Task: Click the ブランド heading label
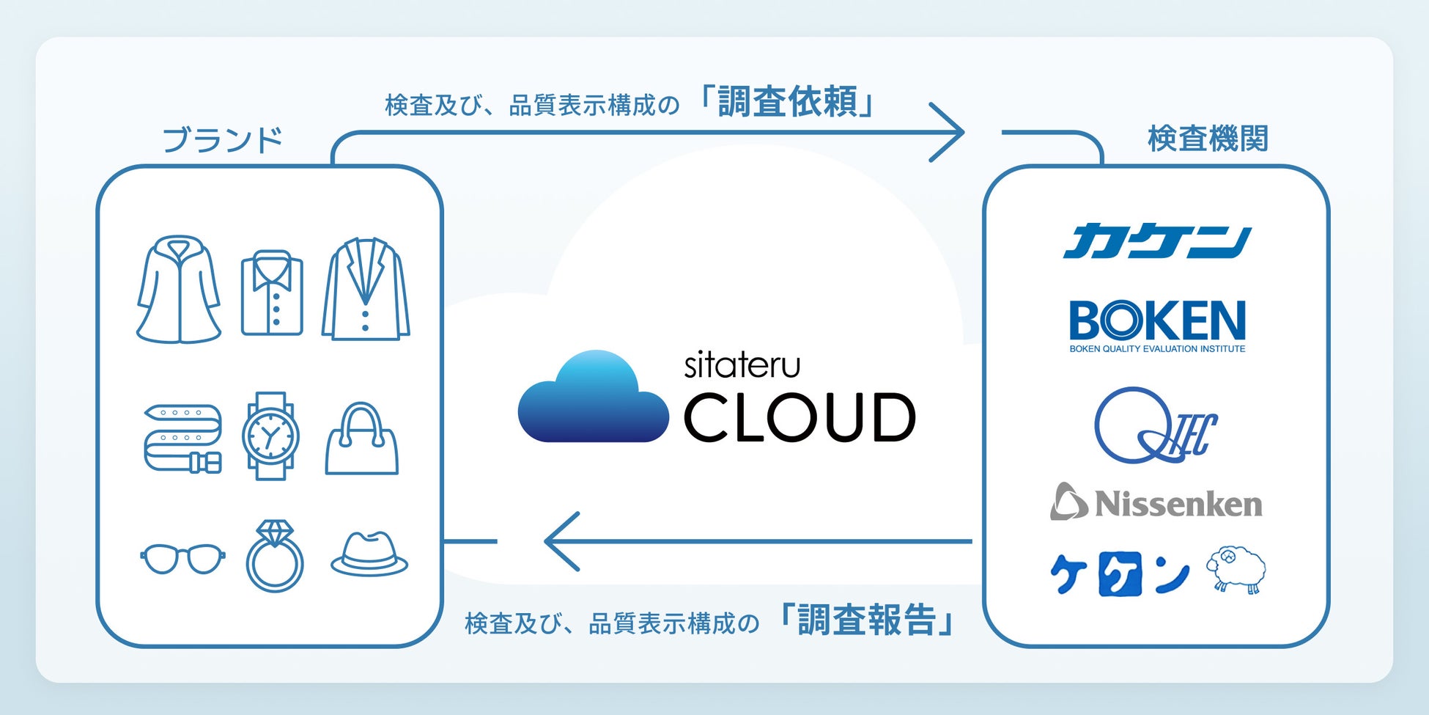pos(222,139)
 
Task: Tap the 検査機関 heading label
pos(1207,139)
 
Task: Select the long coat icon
pos(178,290)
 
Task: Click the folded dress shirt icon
pos(272,293)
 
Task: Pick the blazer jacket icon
pos(365,290)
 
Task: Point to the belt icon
pos(182,438)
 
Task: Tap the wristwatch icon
pos(270,436)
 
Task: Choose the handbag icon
pos(361,439)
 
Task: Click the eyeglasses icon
pos(182,559)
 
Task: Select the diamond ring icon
pos(275,557)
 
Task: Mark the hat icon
pos(369,555)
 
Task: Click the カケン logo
pos(1156,241)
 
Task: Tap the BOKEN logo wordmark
pos(1157,320)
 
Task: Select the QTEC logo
pos(1154,426)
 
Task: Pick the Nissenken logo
pos(1156,503)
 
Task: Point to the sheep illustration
pos(1236,568)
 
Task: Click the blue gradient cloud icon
pos(593,399)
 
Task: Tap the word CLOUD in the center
pos(800,417)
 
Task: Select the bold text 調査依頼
pos(787,102)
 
